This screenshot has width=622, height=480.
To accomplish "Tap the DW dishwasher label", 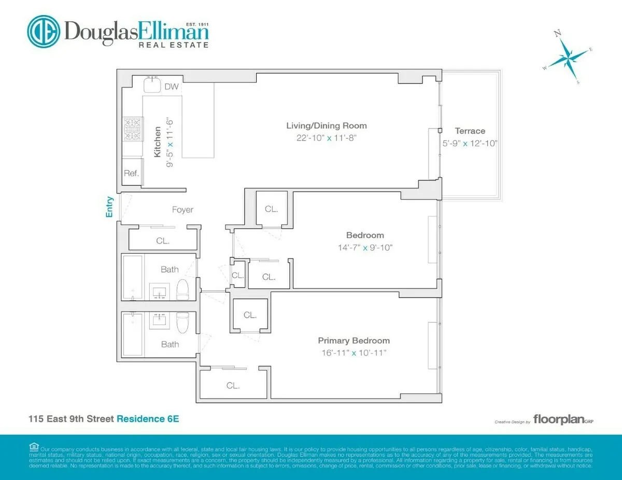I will [172, 87].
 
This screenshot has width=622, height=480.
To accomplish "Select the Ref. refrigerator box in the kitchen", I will [131, 174].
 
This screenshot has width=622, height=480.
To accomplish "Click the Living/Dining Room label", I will [327, 125].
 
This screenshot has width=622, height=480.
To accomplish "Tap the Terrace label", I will [470, 131].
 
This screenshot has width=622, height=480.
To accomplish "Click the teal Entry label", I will [110, 206].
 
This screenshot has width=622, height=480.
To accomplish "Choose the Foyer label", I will [182, 210].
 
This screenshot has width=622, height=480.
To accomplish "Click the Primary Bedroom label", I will [354, 341].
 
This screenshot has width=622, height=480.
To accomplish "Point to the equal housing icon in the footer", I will [34, 447].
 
